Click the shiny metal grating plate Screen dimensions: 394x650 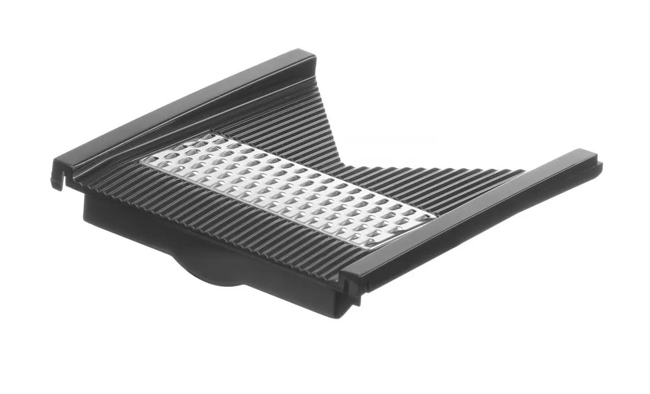[286, 191]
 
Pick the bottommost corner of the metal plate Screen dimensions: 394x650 [364, 249]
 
